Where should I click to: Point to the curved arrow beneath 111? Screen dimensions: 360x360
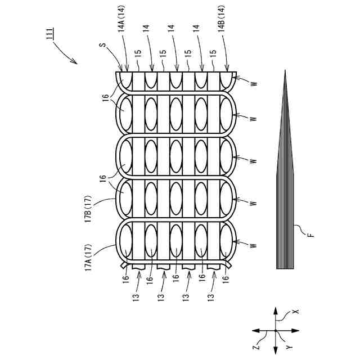point(66,55)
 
